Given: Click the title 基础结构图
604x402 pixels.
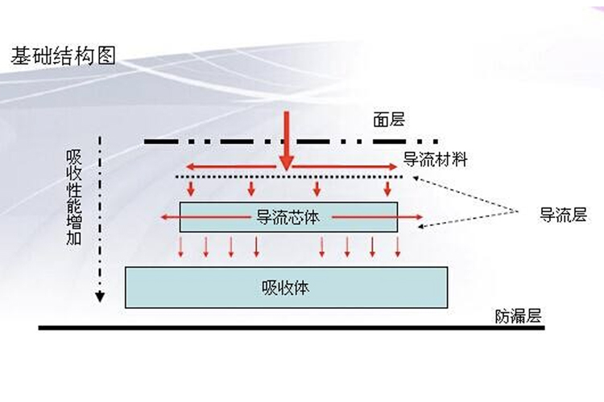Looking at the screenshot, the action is (64, 55).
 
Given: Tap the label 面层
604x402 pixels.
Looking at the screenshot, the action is (388, 120).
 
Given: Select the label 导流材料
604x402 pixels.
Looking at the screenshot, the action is (436, 159).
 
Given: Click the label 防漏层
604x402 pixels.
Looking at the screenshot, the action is (517, 316).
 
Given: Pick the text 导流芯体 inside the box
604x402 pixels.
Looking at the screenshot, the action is (288, 216).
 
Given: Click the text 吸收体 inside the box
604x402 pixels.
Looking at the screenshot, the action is (286, 287).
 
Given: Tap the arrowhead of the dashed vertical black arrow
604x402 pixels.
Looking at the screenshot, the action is (100, 295).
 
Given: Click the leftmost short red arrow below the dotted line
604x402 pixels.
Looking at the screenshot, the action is (191, 189).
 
